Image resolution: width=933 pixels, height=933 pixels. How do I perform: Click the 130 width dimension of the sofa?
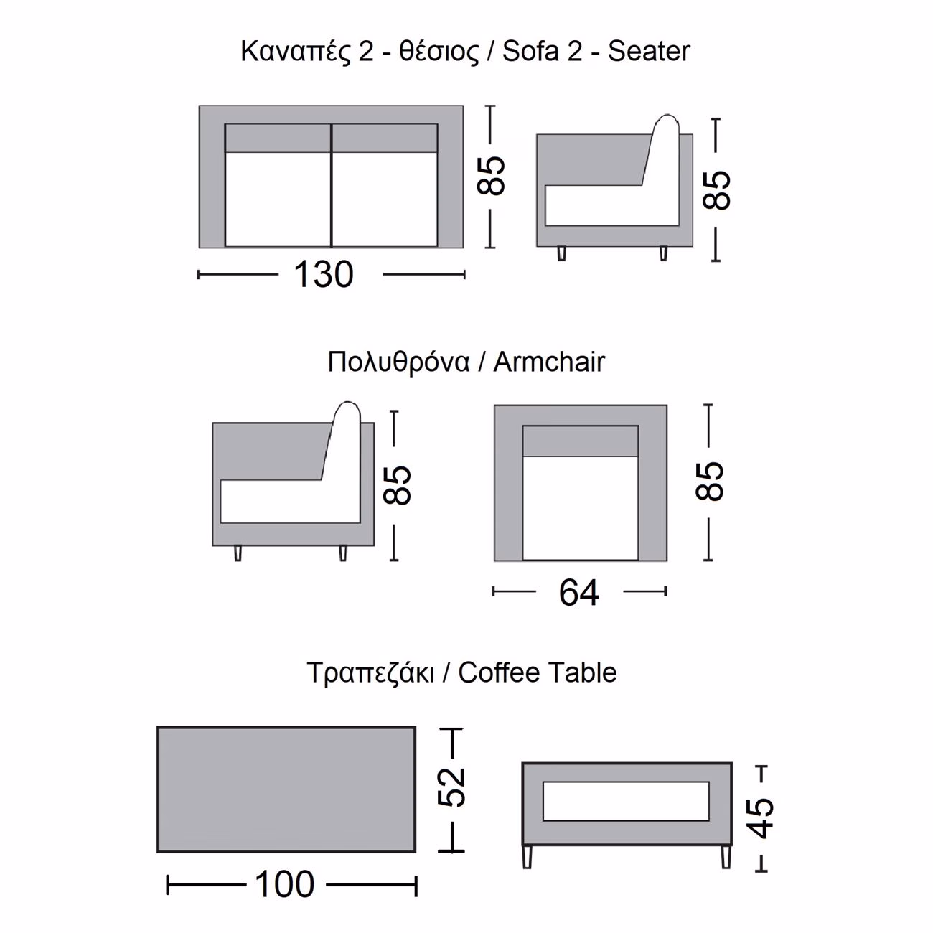(x=324, y=275)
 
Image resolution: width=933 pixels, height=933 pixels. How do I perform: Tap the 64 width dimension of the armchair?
(x=578, y=592)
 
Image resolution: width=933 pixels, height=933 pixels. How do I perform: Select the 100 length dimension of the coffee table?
(x=284, y=884)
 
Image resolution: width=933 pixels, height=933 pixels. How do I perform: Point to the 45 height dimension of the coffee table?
(x=760, y=817)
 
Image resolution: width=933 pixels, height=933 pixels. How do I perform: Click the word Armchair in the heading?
(x=549, y=362)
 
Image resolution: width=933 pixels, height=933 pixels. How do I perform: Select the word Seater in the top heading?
(x=649, y=52)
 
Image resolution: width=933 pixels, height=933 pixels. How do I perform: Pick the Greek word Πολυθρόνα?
(x=398, y=363)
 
